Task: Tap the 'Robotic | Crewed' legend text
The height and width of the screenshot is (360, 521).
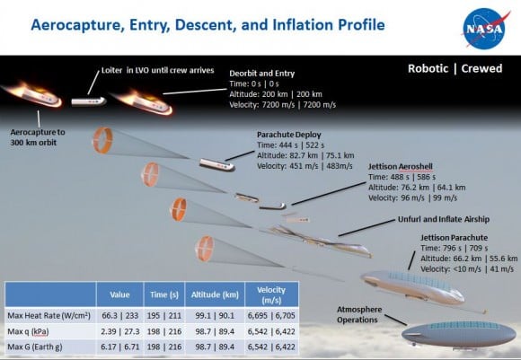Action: (456, 67)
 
